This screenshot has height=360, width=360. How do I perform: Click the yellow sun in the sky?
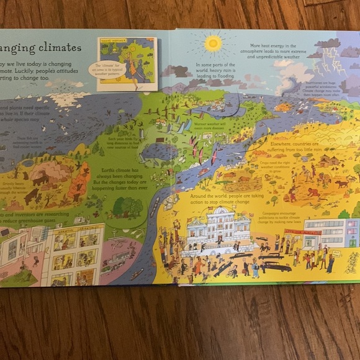click(213, 43)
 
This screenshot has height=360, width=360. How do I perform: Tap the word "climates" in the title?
click(53, 47)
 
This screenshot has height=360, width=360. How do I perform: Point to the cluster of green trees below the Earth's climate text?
click(127, 206)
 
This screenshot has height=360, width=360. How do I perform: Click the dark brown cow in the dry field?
click(341, 183)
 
